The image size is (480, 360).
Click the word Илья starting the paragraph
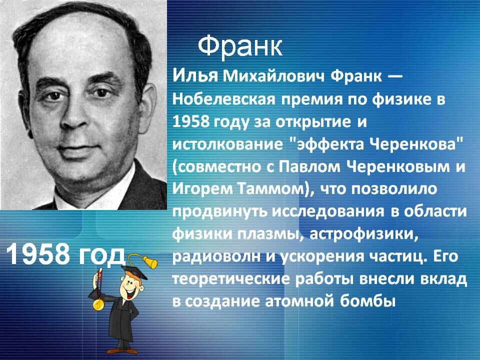(195, 75)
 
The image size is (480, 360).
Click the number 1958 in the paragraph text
(192, 121)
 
